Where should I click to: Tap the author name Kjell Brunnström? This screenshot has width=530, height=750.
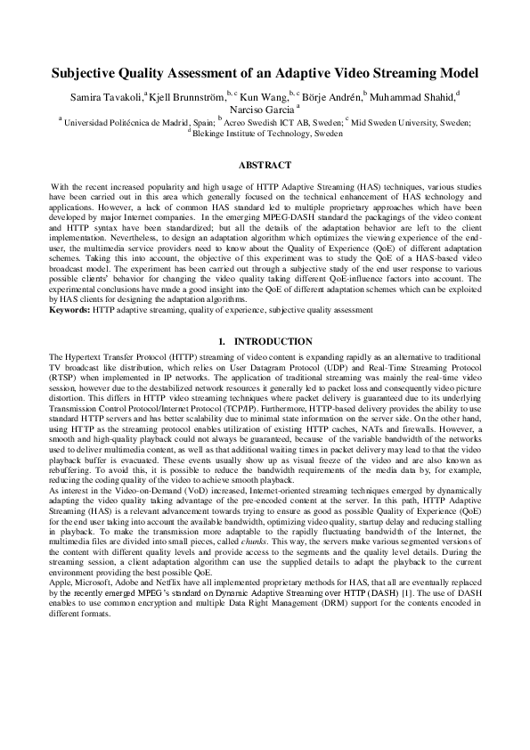[x=187, y=95]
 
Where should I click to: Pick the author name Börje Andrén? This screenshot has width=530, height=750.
[x=332, y=95]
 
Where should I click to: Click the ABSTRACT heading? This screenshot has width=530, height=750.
[x=265, y=166]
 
